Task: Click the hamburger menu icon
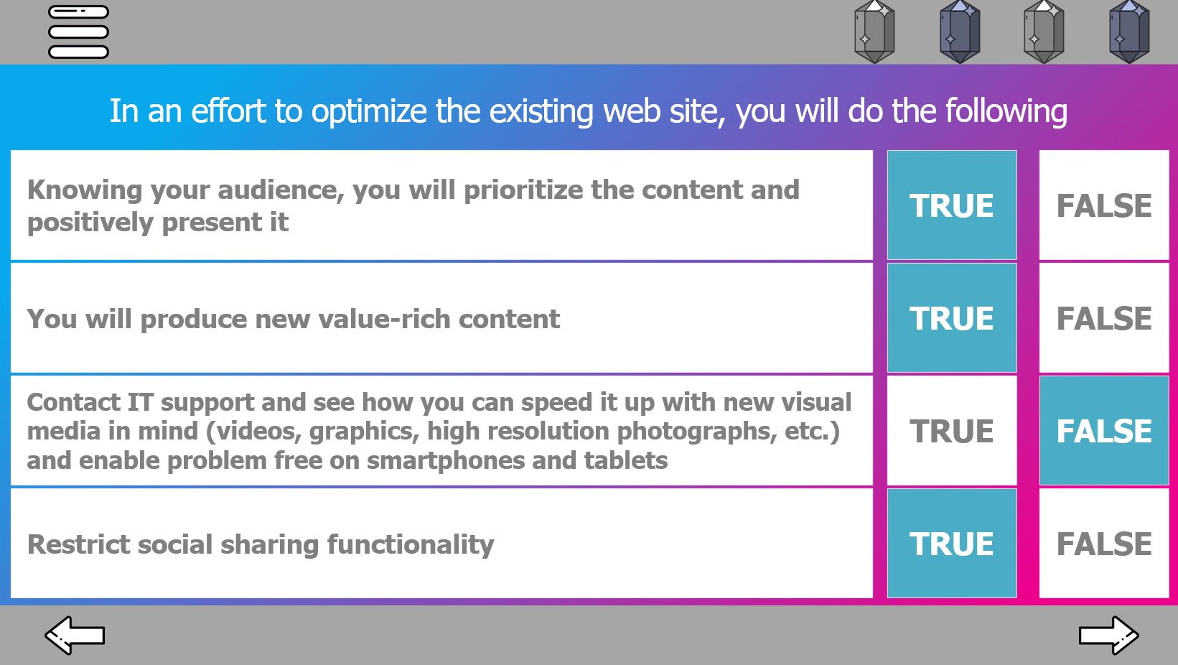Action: pyautogui.click(x=78, y=32)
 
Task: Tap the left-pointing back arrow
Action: pyautogui.click(x=75, y=635)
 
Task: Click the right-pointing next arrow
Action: pyautogui.click(x=1108, y=635)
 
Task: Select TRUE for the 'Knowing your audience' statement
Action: pyautogui.click(x=952, y=205)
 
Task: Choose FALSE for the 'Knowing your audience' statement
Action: pyautogui.click(x=1104, y=205)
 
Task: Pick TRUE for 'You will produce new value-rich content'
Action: pyautogui.click(x=952, y=317)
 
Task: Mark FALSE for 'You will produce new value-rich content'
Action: pyautogui.click(x=1104, y=317)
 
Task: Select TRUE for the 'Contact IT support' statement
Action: pyautogui.click(x=952, y=431)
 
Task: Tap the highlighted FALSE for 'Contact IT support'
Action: pyautogui.click(x=1104, y=431)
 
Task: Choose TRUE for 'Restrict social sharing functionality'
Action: pyautogui.click(x=952, y=544)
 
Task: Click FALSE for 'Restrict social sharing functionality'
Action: pyautogui.click(x=1104, y=544)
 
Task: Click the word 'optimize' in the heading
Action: pyautogui.click(x=369, y=112)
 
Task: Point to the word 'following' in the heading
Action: pyautogui.click(x=1006, y=112)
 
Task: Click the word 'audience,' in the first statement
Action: pyautogui.click(x=281, y=190)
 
